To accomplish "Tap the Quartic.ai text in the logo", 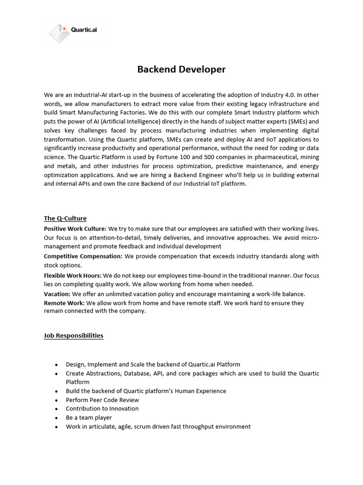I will coord(84,29).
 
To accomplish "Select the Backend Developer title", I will coord(181,70).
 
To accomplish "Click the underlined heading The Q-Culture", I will coord(65,218).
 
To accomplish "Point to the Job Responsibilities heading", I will coord(73,335).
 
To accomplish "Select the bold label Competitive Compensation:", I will coord(83,256).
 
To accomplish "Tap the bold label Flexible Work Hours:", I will coord(73,275).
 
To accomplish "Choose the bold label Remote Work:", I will coord(64,303).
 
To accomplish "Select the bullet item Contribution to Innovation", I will coord(102,408).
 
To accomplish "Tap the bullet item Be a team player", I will coord(89,417).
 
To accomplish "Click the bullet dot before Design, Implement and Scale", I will coord(57,365).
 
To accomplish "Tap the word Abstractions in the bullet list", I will coord(101,373).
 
